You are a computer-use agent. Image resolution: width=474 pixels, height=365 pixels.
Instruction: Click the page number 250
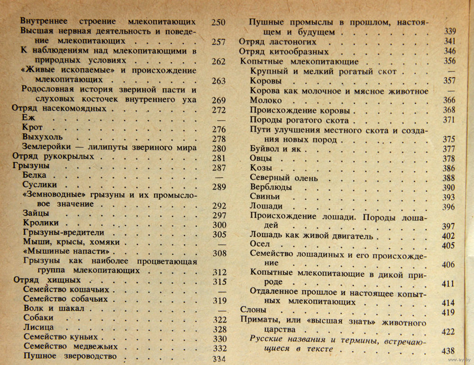219,22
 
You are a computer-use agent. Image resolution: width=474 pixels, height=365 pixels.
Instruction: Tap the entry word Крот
33,128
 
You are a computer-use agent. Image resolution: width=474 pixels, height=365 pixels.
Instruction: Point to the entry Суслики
40,185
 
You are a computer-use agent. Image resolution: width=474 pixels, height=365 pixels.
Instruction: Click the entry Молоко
266,100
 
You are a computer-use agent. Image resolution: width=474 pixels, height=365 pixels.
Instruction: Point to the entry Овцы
261,158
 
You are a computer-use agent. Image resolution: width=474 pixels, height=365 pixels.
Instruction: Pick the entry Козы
261,168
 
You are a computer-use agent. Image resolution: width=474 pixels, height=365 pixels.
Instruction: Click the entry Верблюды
271,187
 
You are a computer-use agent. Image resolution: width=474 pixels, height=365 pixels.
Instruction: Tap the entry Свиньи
265,197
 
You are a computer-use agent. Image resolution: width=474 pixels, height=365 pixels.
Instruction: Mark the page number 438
447,351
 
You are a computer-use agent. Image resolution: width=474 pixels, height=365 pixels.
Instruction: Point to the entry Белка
35,176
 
